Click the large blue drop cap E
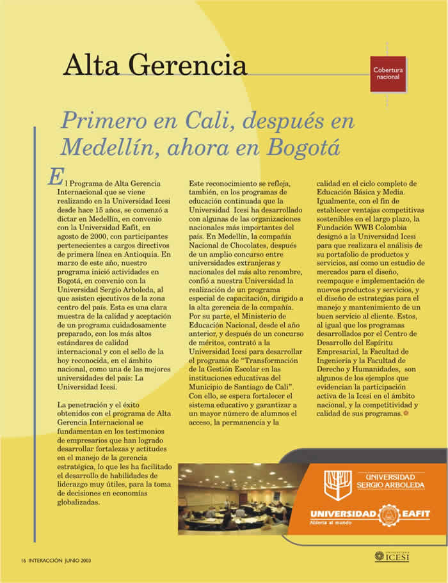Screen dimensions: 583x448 [54, 177]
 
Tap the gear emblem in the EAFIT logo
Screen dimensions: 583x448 [386, 515]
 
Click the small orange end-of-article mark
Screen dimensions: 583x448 [405, 414]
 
